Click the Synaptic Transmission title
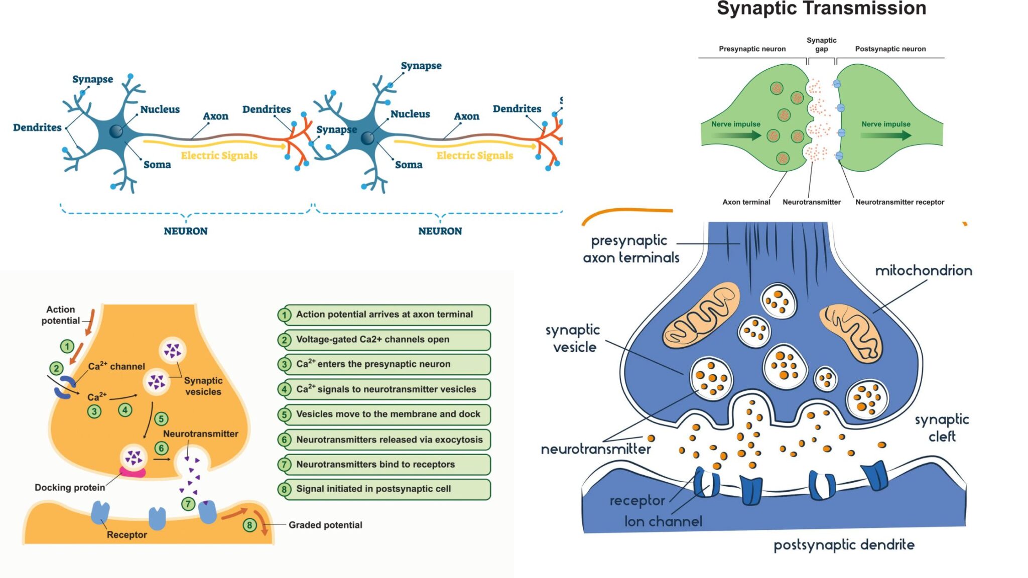[821, 9]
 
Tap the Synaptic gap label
[821, 44]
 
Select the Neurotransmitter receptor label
[899, 202]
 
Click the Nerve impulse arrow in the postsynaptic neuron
[886, 134]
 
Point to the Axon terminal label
[746, 202]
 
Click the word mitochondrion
[924, 271]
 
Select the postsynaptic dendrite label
[844, 545]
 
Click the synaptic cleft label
[942, 428]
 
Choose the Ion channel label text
[663, 522]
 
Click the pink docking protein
[133, 472]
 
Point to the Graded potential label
[325, 525]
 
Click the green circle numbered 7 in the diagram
[188, 504]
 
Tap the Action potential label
[61, 315]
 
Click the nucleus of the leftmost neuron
[116, 131]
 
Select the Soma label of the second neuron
[409, 165]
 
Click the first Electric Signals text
[219, 156]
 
